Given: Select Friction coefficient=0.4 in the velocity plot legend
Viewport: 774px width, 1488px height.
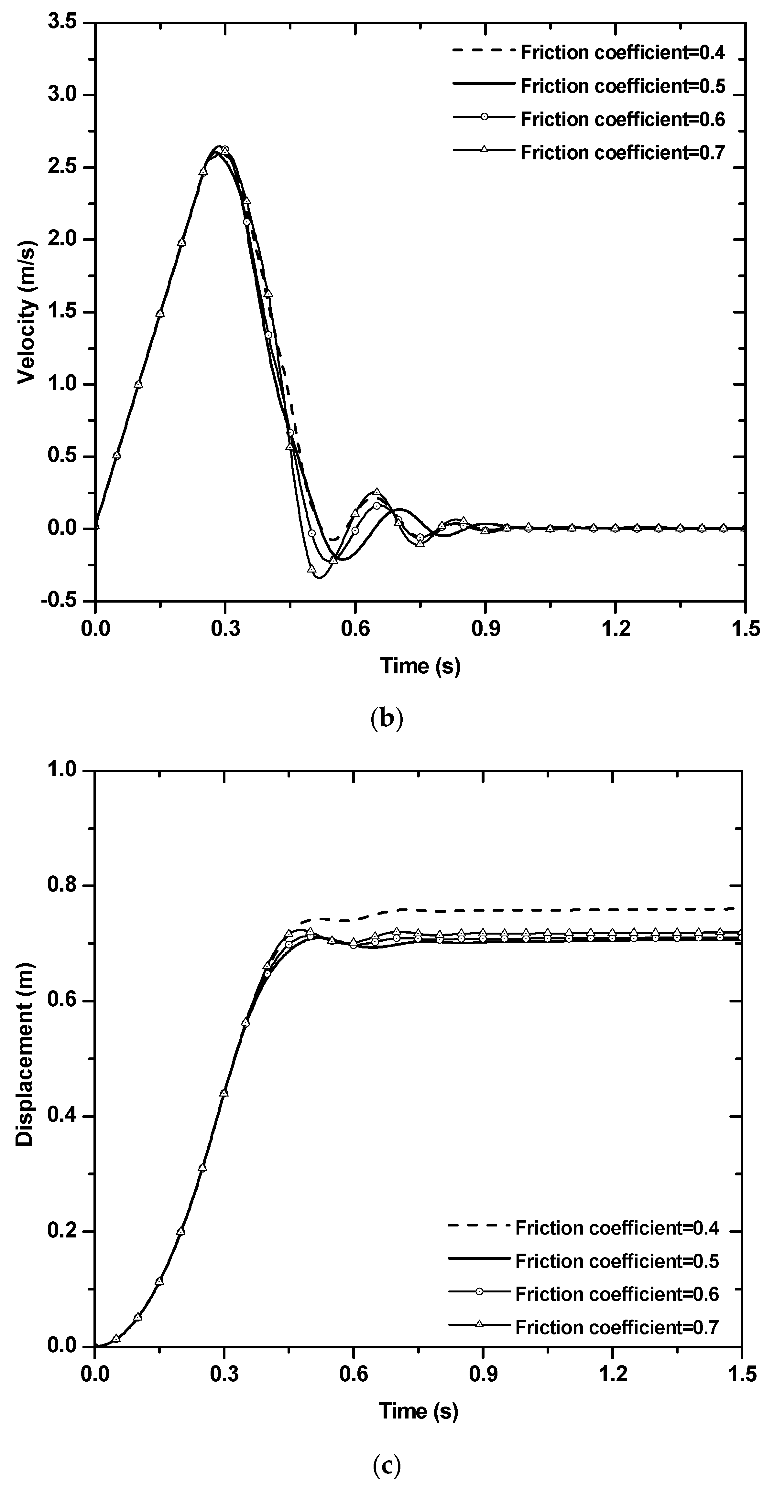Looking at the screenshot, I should coord(623,53).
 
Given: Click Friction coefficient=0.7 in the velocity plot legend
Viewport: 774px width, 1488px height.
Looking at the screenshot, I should coord(623,153).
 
